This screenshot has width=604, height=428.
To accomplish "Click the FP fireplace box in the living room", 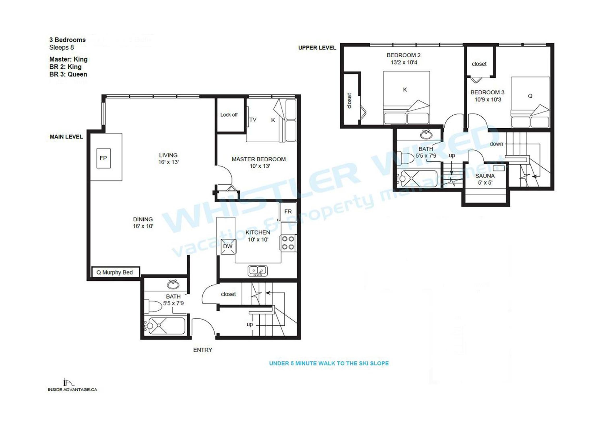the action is coord(103,158).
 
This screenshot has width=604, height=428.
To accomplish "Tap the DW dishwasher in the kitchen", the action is coord(228,246).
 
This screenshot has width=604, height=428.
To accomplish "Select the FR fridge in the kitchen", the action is coord(288,212).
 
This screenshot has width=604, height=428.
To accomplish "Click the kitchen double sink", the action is coord(257,271).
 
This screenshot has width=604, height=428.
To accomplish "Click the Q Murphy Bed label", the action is coord(115,272).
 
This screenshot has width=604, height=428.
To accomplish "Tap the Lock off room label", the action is coord(229,115).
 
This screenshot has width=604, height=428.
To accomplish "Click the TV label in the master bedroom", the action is coord(253,120).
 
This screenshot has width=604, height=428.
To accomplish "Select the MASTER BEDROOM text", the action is coord(258,159).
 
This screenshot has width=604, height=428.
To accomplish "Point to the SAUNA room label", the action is coord(485,176).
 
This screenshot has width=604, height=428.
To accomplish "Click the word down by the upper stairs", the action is coord(496,144).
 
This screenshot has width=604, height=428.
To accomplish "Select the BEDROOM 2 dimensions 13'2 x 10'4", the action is coord(404,62).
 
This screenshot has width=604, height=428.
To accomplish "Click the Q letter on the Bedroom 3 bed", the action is coord(530,96).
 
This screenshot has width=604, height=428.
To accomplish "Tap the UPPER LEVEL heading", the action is coord(317,48).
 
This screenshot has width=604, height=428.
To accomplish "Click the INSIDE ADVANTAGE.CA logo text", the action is coord(72,389).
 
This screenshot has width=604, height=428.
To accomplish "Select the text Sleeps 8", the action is coord(62,47).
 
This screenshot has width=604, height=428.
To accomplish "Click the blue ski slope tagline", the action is coord(329,363).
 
